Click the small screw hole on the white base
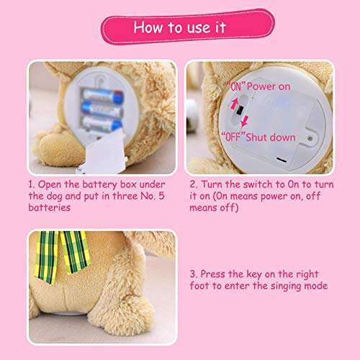tap(310, 135)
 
